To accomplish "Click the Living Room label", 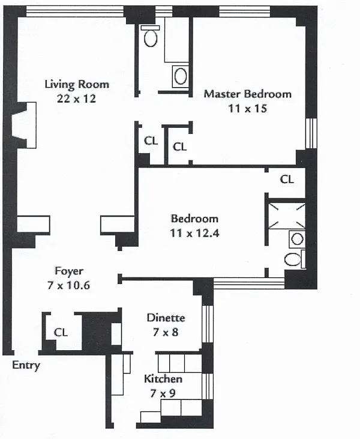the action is (77, 84).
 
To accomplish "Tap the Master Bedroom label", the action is (247, 94).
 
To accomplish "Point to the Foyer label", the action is (69, 271).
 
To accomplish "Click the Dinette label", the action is (166, 318).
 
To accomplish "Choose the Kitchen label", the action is (163, 380).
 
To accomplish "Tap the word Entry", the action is (26, 366).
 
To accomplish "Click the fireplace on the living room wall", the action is (23, 125).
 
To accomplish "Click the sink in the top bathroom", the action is (180, 76).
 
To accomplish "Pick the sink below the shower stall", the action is (297, 239).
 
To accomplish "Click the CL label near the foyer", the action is (61, 332).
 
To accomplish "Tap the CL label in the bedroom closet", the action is (287, 179).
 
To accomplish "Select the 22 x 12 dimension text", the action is (77, 99).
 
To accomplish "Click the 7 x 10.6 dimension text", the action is (69, 285).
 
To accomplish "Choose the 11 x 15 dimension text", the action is (247, 109).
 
